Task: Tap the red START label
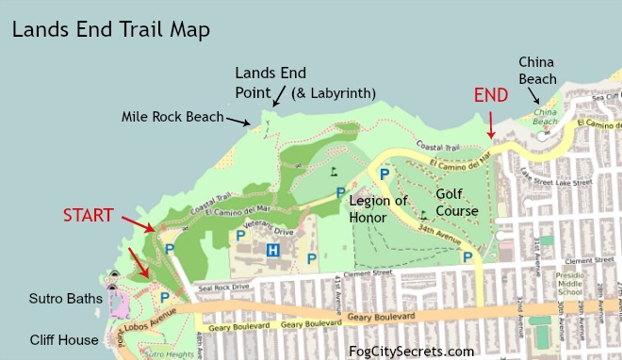point(88,214)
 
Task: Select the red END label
point(490,95)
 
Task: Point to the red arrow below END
point(490,125)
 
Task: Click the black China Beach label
point(537,71)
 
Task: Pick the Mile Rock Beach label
point(172,117)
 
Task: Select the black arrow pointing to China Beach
point(533,97)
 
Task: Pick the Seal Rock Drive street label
point(222,287)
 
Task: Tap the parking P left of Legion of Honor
point(341,193)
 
